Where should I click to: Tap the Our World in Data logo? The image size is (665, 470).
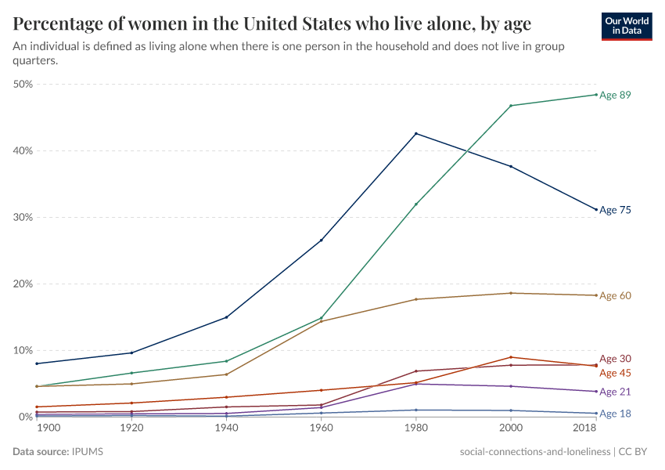[x=626, y=26]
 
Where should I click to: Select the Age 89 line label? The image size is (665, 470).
[x=615, y=95]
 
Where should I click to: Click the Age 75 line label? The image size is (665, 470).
[x=615, y=210]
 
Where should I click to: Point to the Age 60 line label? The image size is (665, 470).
[x=615, y=295]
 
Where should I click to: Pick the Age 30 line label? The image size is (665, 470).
[x=615, y=359]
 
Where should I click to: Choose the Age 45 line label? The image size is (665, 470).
[x=615, y=373]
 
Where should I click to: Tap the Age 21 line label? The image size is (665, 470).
[x=615, y=392]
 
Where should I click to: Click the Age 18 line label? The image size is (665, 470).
[x=615, y=414]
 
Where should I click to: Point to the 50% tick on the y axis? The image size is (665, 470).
[x=23, y=84]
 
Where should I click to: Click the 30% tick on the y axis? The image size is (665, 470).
[x=23, y=217]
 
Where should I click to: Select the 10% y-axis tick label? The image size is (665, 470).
[x=23, y=350]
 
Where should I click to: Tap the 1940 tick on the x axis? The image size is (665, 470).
[x=226, y=429]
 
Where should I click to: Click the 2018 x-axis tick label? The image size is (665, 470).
[x=585, y=429]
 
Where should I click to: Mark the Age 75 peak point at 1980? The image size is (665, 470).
[x=416, y=134]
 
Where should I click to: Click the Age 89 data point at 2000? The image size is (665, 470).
[x=511, y=106]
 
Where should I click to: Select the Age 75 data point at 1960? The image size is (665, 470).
[x=321, y=240]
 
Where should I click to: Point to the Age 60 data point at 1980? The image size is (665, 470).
[x=416, y=299]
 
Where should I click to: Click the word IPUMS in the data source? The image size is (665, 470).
[x=88, y=452]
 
